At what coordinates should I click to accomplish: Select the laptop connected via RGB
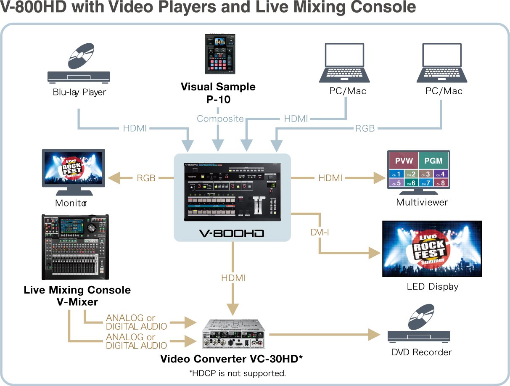click(x=441, y=63)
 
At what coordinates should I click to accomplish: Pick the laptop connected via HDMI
click(x=344, y=63)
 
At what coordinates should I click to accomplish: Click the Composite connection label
click(x=220, y=119)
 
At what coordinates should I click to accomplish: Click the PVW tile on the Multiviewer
click(x=404, y=160)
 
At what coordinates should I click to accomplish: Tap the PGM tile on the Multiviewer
click(x=433, y=160)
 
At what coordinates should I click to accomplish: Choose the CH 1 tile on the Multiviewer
click(x=396, y=174)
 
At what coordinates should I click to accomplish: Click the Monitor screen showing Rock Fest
click(x=73, y=168)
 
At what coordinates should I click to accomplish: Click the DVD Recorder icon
click(x=419, y=328)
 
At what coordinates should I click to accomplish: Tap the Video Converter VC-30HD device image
click(x=235, y=334)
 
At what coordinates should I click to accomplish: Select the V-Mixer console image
click(x=75, y=247)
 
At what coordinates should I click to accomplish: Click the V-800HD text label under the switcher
click(x=232, y=233)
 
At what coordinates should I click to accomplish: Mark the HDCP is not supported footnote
click(x=238, y=373)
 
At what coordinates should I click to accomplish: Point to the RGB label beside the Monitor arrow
click(x=146, y=178)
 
